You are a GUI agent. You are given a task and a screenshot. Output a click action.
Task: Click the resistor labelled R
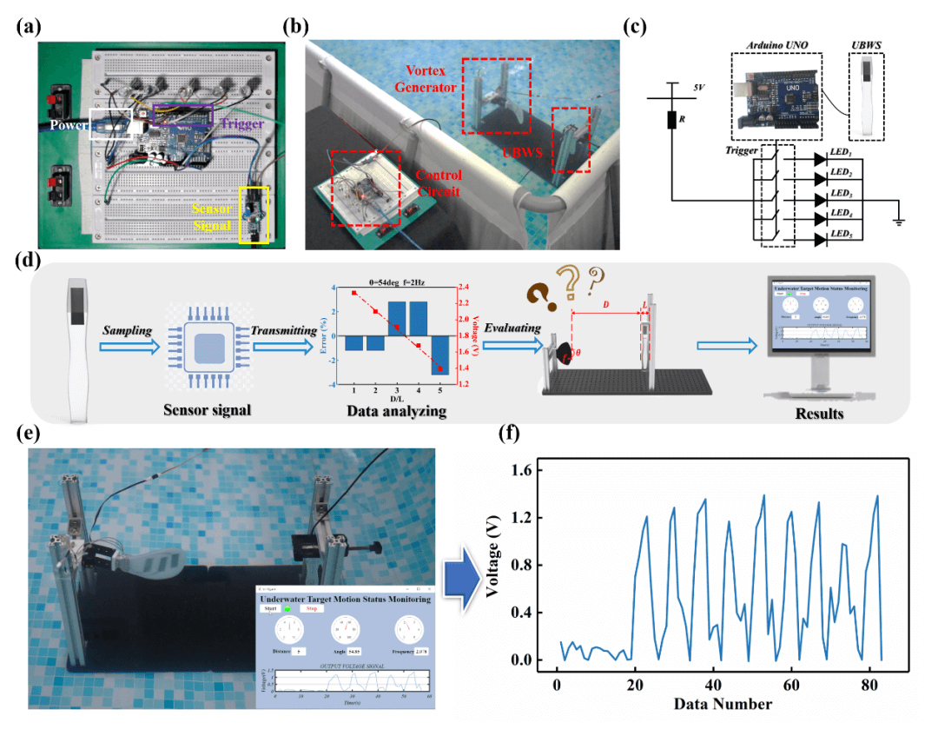(x=671, y=120)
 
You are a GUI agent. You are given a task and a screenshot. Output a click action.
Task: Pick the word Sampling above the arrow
(x=129, y=332)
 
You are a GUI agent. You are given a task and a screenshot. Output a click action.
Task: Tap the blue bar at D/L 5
(x=439, y=355)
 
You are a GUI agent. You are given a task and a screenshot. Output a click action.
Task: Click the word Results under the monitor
(x=818, y=414)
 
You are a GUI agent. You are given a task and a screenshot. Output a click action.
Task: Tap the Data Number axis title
(x=723, y=703)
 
